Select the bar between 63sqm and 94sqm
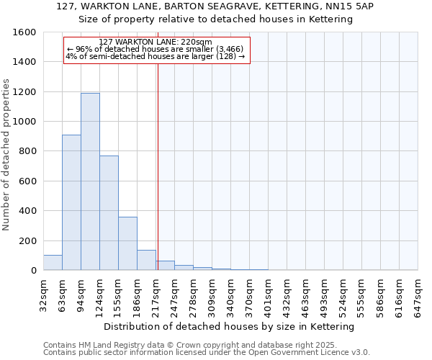71,202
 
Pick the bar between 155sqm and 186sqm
127,243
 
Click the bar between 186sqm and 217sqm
146,260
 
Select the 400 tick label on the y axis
27,211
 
